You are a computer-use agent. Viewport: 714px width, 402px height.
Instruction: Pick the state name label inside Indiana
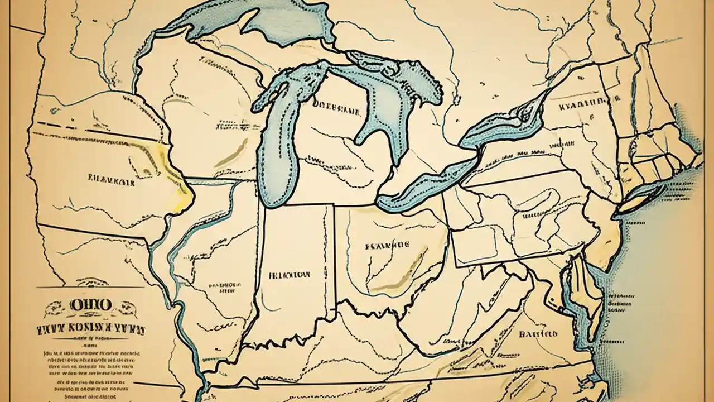[290, 275]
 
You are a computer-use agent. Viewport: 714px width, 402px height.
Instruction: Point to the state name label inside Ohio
[387, 245]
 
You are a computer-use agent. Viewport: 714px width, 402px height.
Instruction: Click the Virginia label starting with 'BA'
[538, 334]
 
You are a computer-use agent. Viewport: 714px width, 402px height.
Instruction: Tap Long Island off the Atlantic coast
[641, 198]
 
